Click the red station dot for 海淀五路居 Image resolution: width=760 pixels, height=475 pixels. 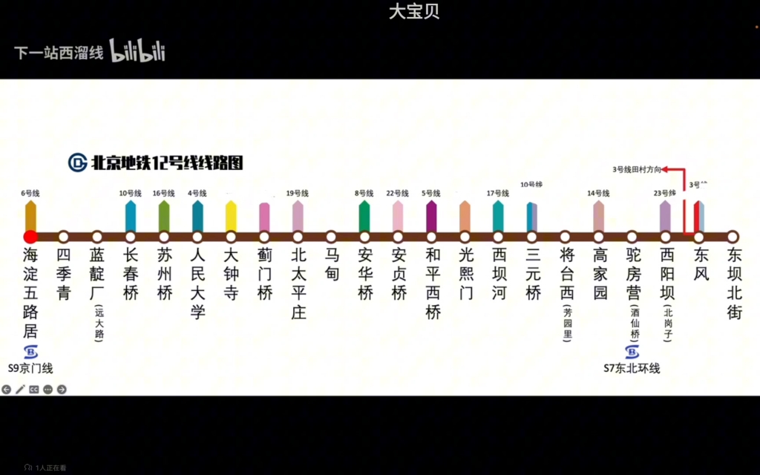coord(30,237)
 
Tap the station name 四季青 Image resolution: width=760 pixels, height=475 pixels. coord(63,274)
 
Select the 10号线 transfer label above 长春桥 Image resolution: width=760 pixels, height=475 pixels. coord(131,193)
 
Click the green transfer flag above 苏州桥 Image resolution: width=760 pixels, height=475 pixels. coord(164,216)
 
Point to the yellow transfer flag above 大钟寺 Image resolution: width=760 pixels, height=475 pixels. coord(231,216)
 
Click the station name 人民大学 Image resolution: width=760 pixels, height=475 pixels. coord(197,284)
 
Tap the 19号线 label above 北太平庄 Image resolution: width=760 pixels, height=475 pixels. coord(298,193)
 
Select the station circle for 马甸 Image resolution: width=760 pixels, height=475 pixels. coord(331,237)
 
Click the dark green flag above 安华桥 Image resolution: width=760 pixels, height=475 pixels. coord(364,216)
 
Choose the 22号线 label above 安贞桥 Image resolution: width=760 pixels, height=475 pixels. coord(398,193)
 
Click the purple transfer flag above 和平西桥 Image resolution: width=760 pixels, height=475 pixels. coord(431,216)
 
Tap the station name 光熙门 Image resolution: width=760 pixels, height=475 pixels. coord(465,274)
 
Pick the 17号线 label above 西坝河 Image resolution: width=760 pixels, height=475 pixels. coord(498,193)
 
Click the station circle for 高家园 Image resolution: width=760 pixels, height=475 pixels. coord(599,237)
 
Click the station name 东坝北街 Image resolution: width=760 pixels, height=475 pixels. coord(733,284)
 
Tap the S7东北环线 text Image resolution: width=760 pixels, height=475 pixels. coord(632,368)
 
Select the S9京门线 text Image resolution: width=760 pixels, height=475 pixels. coord(30,368)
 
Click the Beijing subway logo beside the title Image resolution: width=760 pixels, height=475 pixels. coord(77,163)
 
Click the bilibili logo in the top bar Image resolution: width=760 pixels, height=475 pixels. coord(137,51)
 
